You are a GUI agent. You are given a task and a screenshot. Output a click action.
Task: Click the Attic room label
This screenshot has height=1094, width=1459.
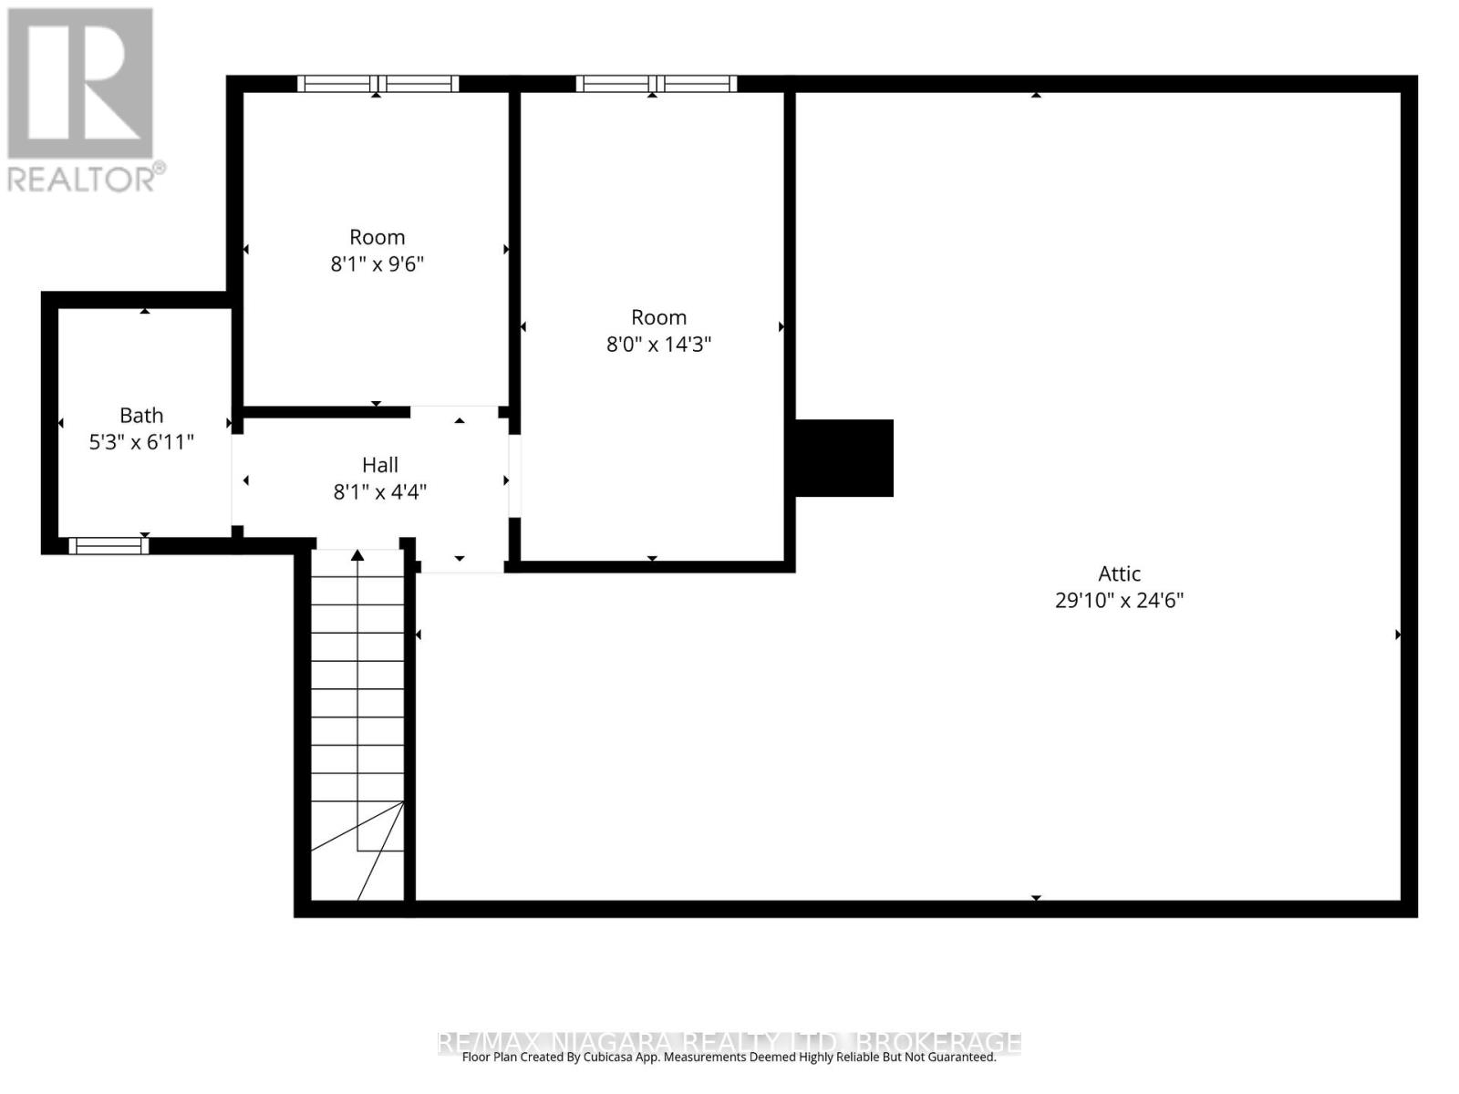point(1119,573)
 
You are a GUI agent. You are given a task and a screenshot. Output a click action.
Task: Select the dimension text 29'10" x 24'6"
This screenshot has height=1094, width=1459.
point(1119,600)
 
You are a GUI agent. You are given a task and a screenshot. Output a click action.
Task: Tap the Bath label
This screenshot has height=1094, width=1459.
point(141,415)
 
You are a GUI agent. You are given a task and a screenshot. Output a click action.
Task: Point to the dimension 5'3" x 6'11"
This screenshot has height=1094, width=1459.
point(141,442)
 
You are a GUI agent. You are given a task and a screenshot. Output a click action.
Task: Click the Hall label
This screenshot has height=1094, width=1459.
point(379,465)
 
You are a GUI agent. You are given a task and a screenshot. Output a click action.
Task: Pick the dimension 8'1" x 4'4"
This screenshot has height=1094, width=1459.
point(379,492)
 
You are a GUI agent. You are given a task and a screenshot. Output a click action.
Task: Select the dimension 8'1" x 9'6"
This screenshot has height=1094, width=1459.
point(377,264)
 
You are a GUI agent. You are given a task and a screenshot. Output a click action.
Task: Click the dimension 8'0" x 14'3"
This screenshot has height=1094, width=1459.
point(658,345)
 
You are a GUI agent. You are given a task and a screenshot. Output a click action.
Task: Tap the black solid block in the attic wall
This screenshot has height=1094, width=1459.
point(843,458)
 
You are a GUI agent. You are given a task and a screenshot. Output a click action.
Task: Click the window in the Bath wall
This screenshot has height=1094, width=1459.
point(109,546)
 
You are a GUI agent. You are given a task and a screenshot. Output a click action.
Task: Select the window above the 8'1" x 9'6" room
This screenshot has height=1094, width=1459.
point(378,84)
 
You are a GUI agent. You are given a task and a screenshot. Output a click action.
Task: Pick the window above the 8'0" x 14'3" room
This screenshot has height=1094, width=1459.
point(656,84)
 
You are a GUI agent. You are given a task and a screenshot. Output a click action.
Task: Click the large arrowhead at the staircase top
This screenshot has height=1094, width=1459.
point(357,555)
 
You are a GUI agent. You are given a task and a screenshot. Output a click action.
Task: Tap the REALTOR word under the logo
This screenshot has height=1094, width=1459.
point(82,178)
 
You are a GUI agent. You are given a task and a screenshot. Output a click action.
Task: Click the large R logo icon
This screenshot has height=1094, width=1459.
point(80,83)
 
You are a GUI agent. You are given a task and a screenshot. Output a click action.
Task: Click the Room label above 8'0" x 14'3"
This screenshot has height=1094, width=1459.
point(658,317)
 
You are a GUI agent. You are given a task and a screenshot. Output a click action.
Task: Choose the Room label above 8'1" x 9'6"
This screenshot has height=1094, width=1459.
point(377,237)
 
